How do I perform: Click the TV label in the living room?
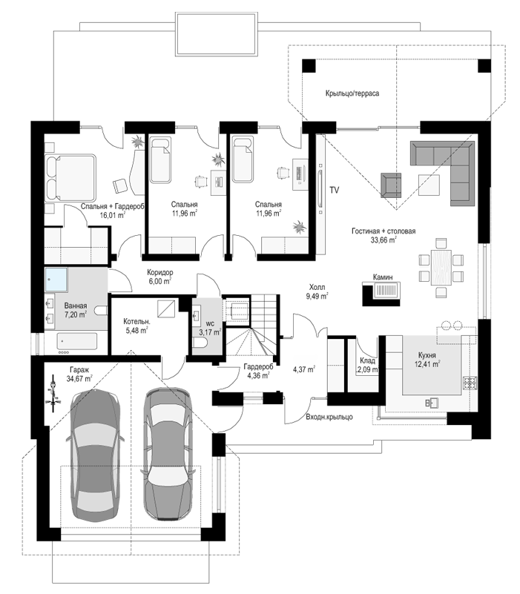(x=334, y=190)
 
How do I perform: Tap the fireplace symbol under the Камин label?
(x=382, y=294)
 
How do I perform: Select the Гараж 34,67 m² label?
(x=79, y=374)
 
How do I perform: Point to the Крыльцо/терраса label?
(x=352, y=93)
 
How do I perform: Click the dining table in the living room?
(x=441, y=267)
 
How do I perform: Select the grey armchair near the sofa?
(x=391, y=185)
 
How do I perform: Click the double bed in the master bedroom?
(x=70, y=178)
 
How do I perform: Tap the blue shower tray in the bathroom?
(x=56, y=280)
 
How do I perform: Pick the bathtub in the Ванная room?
(x=77, y=341)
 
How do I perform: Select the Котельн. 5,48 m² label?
(x=136, y=326)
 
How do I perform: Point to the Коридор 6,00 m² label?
(x=159, y=277)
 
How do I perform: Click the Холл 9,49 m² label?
(x=317, y=291)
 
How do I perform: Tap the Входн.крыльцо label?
(x=329, y=417)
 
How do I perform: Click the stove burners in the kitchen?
(x=470, y=383)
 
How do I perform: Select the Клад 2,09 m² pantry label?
(x=368, y=365)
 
